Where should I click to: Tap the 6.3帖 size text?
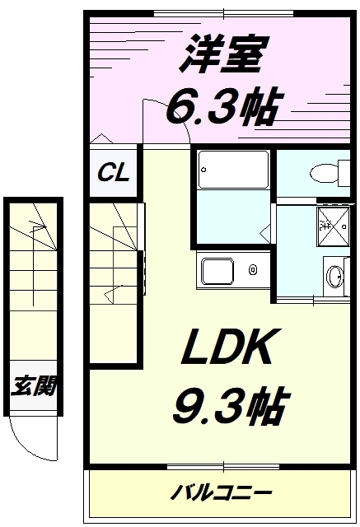222,106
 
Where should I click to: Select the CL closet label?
114,172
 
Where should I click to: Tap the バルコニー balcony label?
221,493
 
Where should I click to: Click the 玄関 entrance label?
34,385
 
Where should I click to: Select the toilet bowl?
324,174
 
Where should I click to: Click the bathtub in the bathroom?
233,170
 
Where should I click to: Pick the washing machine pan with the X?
333,226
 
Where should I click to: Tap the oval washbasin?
334,277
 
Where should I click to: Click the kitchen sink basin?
217,271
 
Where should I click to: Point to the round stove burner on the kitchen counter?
253,269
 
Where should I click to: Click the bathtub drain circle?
203,170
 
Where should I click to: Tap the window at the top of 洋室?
223,14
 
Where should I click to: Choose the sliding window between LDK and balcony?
223,467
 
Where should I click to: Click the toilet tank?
344,174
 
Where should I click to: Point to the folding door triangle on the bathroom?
265,232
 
